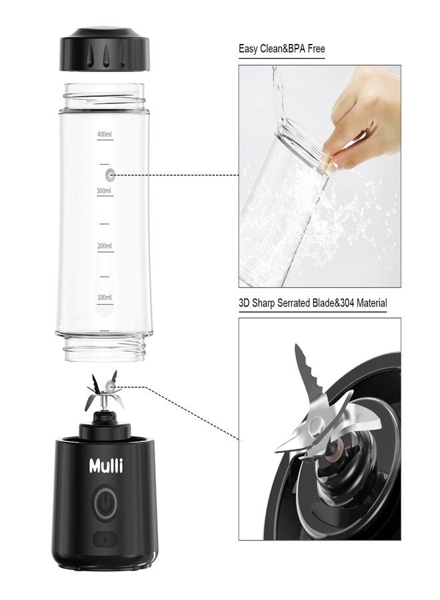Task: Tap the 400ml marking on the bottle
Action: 105,135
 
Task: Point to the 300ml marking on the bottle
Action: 103,191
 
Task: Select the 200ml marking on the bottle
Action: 103,246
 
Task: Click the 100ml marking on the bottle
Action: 104,297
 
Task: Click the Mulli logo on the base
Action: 106,465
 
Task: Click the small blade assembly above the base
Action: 105,396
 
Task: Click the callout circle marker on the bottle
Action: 110,175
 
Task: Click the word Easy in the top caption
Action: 249,49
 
